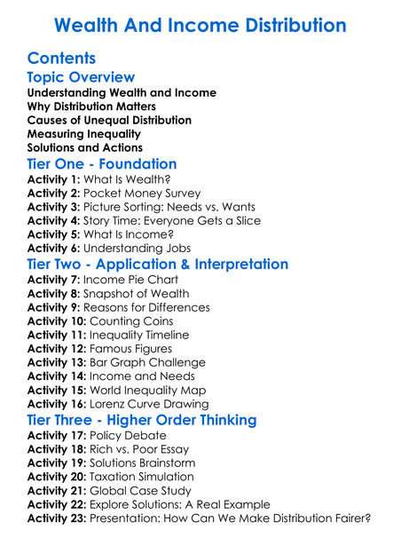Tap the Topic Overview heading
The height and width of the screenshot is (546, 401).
[x=81, y=78]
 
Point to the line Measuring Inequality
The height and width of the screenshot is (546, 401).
[x=84, y=133]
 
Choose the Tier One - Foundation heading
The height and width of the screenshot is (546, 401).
[x=102, y=163]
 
